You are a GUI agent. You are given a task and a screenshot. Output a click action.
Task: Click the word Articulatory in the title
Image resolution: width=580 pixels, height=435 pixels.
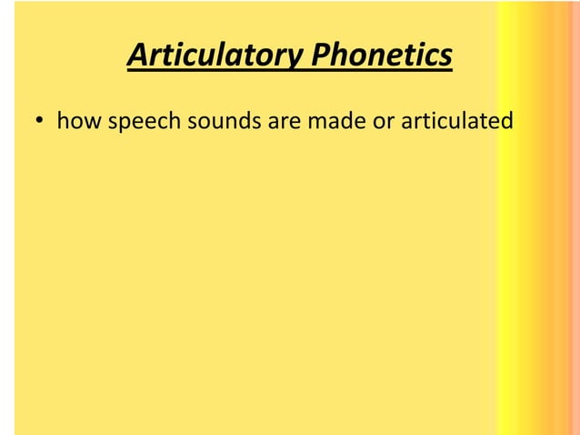215,56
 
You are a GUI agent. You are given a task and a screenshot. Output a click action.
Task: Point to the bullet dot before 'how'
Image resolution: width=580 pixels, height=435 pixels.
41,121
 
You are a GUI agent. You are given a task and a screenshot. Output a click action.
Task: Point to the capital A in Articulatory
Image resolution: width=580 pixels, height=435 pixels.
137,56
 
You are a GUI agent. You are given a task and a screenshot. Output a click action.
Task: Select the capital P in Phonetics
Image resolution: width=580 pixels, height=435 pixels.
319,56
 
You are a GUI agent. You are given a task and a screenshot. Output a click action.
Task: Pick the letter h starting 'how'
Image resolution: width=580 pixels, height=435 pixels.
63,120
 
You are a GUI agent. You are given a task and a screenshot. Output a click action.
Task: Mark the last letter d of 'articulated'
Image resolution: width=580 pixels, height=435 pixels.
506,120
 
